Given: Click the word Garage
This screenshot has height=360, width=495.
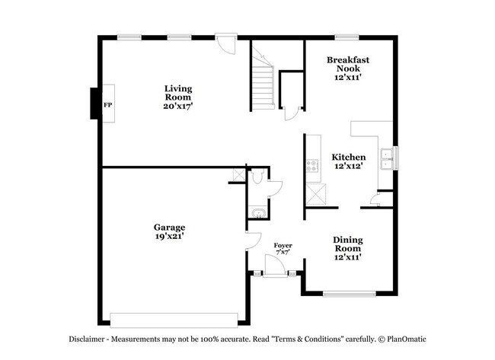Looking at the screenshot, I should (x=169, y=227).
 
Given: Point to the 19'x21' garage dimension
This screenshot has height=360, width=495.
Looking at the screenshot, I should (x=169, y=237).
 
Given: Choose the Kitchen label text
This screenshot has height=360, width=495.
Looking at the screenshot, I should (x=348, y=157).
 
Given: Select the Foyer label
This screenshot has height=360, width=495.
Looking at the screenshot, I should (x=283, y=245).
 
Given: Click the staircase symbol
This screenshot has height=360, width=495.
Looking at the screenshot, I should (x=263, y=79).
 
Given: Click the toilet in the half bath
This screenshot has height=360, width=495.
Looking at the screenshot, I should (x=257, y=178).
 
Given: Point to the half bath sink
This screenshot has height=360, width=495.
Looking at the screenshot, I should (x=257, y=212).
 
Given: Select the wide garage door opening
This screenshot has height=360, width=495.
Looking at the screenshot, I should (x=174, y=319).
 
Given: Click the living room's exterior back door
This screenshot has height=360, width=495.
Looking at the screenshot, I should (x=225, y=43).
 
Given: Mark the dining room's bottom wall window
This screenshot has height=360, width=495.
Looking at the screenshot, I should (x=348, y=294).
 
